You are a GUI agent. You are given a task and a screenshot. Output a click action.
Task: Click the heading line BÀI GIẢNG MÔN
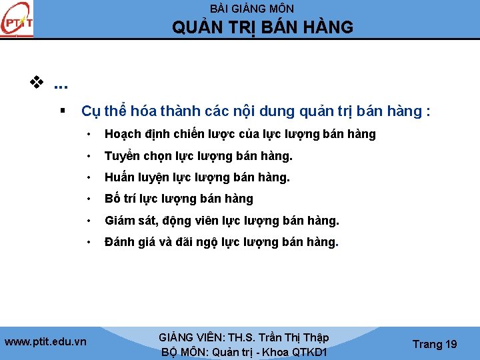[252, 9]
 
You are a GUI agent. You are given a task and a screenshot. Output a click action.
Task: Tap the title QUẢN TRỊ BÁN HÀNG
[263, 27]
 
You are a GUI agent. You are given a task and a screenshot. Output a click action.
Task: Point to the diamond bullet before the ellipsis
[35, 84]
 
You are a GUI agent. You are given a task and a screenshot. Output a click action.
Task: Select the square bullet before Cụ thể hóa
[61, 110]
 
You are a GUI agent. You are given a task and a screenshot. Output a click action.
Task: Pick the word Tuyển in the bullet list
[121, 156]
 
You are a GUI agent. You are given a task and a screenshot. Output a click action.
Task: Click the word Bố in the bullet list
[112, 199]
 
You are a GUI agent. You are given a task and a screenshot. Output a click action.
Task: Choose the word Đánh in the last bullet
[121, 241]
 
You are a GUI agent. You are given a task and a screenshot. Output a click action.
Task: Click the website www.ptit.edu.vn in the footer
[45, 341]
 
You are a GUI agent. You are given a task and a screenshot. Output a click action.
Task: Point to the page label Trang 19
[435, 344]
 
